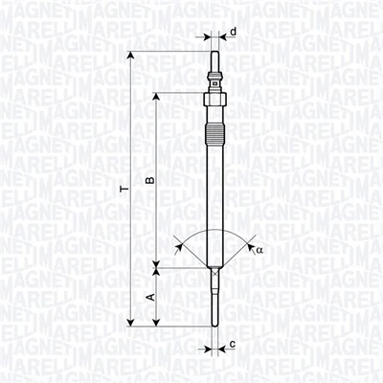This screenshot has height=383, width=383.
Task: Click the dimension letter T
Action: (123, 191)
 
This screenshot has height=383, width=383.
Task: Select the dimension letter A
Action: (148, 297)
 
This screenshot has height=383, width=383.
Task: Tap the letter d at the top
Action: (234, 32)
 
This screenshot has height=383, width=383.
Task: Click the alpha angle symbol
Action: (258, 250)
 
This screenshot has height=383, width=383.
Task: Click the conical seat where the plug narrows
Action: (214, 273)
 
